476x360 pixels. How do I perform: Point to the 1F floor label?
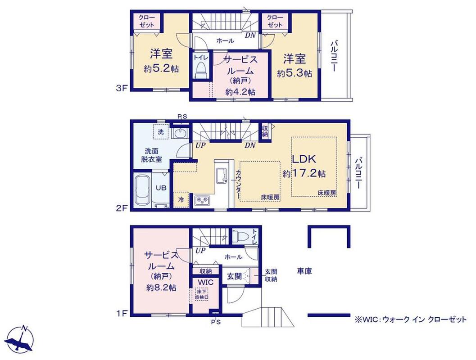[x=122, y=313]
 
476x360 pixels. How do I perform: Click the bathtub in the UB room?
[x=142, y=190]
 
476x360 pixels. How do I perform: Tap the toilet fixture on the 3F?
[x=201, y=70]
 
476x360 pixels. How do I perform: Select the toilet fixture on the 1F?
[x=240, y=235]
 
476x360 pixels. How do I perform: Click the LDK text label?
[x=304, y=159]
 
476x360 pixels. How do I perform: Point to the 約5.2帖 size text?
[x=161, y=69]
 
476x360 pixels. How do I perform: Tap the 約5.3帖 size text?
[x=294, y=73]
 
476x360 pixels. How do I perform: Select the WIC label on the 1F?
[x=206, y=282]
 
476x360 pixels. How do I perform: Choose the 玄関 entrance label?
[x=234, y=276]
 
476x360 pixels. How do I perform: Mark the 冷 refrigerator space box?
[x=181, y=199]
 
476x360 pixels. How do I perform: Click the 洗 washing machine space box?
[x=161, y=132]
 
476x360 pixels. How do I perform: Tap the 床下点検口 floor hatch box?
[x=201, y=294]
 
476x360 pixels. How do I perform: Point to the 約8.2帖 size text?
[x=161, y=288]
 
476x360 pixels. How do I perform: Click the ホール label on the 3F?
[x=225, y=40]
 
